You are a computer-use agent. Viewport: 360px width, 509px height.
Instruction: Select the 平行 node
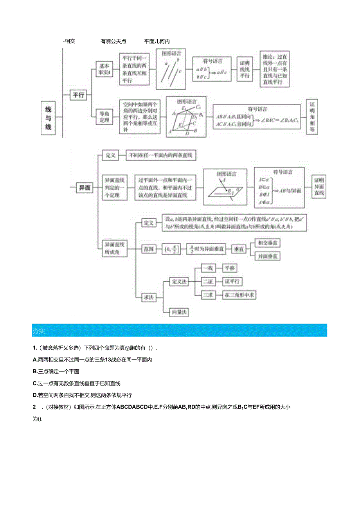(78, 95)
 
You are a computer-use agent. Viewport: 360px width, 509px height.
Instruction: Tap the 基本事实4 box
(104, 69)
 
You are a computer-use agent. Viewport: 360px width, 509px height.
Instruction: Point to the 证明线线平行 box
(245, 69)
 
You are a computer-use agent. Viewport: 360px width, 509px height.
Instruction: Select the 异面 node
(85, 188)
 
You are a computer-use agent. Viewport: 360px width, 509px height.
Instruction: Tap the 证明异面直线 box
(319, 187)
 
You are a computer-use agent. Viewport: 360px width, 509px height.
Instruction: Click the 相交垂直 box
(268, 243)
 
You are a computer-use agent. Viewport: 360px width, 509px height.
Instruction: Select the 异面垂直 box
(268, 256)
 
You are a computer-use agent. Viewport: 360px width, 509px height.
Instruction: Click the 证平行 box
(232, 282)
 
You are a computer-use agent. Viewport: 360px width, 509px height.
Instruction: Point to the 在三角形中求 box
(239, 295)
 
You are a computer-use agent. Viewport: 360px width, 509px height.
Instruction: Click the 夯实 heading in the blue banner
(39, 331)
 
